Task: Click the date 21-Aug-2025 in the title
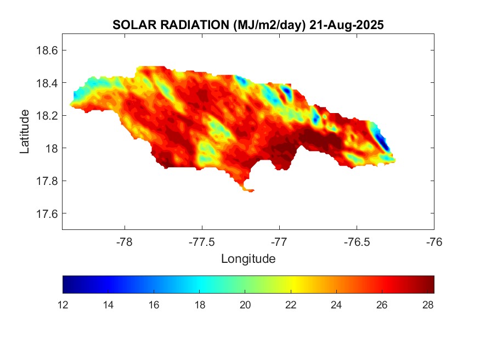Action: coord(346,25)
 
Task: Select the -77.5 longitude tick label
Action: coord(202,242)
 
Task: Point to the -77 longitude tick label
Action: coord(279,242)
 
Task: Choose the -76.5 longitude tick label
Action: coord(357,242)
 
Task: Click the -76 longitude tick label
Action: coord(434,242)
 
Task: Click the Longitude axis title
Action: coord(248,258)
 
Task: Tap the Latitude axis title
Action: coord(25,132)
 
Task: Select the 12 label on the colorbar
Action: coord(64,306)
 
